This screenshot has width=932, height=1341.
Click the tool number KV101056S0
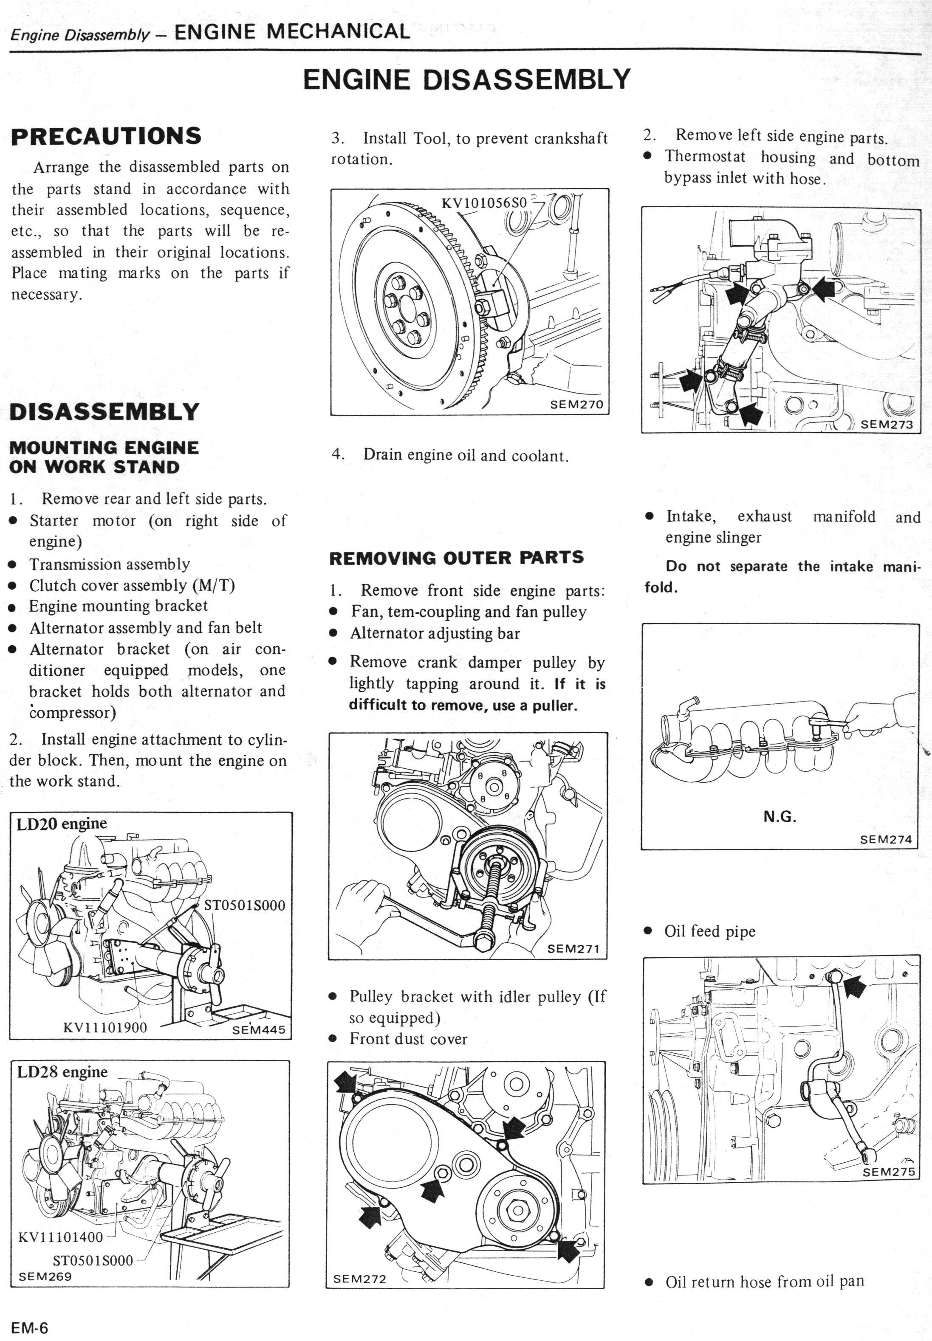[x=484, y=203]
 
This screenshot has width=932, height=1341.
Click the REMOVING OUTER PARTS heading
[x=456, y=558]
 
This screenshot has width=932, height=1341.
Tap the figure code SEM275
[x=889, y=1171]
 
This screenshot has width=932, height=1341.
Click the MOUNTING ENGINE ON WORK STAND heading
[x=104, y=458]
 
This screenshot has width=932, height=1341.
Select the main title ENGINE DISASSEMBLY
[x=466, y=79]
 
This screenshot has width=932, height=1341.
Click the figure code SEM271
[x=573, y=948]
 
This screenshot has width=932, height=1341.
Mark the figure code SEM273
[x=887, y=424]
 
